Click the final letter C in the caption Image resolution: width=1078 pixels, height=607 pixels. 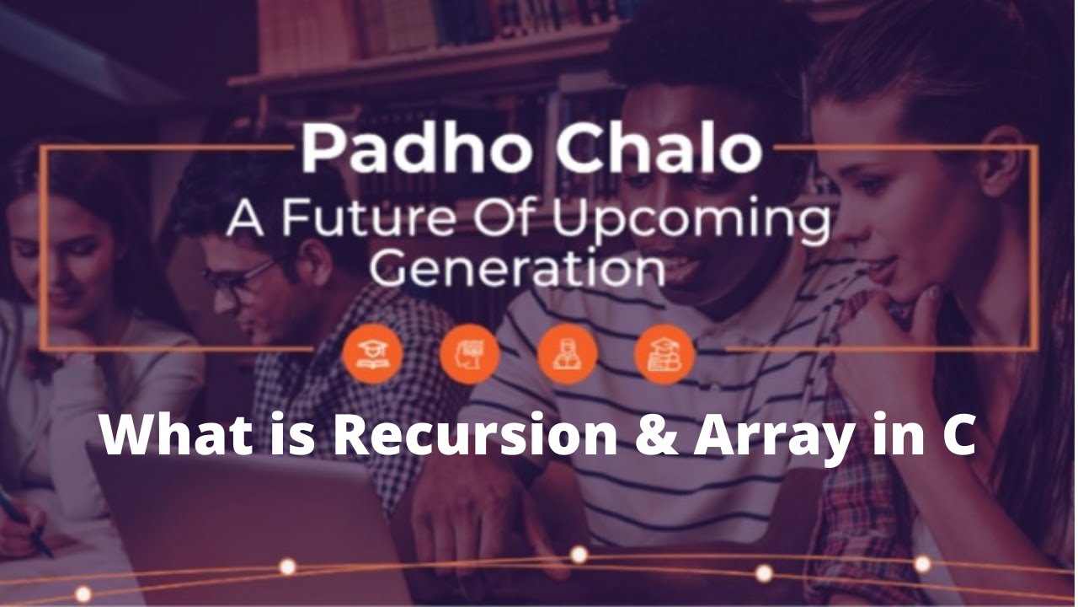[958, 437]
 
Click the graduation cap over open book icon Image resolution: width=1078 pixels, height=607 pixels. [373, 353]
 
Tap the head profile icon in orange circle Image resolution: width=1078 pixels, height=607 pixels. [470, 353]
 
